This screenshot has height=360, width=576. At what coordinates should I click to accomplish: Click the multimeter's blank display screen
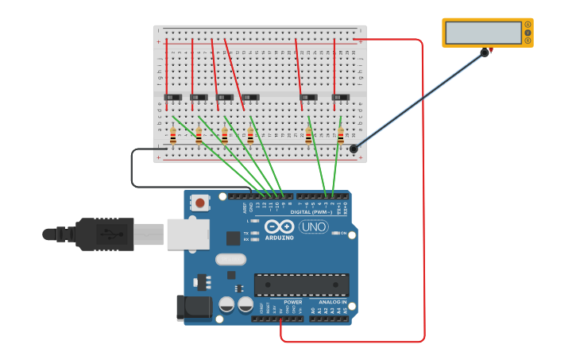click(482, 33)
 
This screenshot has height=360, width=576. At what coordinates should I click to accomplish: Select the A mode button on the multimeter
click(527, 25)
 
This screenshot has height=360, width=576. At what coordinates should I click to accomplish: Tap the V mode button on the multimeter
click(527, 33)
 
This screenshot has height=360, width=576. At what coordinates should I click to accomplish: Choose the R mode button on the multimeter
click(527, 41)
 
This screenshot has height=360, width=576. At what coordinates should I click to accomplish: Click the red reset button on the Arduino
click(199, 203)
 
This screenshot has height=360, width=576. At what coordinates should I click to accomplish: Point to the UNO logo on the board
click(313, 227)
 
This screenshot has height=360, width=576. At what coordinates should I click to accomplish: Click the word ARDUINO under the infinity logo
click(280, 238)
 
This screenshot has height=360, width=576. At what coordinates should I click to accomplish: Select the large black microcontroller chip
click(301, 285)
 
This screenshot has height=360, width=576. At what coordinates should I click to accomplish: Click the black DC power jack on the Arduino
click(195, 308)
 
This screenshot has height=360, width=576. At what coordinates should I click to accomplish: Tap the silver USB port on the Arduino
click(189, 234)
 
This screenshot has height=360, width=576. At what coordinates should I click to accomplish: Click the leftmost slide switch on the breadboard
click(172, 98)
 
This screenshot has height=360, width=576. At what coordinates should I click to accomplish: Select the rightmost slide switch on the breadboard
click(341, 98)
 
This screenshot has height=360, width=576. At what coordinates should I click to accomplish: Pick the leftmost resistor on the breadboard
click(172, 137)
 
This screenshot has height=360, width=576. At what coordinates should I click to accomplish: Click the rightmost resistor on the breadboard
click(341, 137)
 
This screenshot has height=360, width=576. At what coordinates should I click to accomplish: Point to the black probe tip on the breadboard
click(354, 148)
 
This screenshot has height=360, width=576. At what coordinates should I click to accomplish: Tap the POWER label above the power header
click(293, 302)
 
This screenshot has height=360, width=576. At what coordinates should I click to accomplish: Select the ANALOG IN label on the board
click(332, 302)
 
